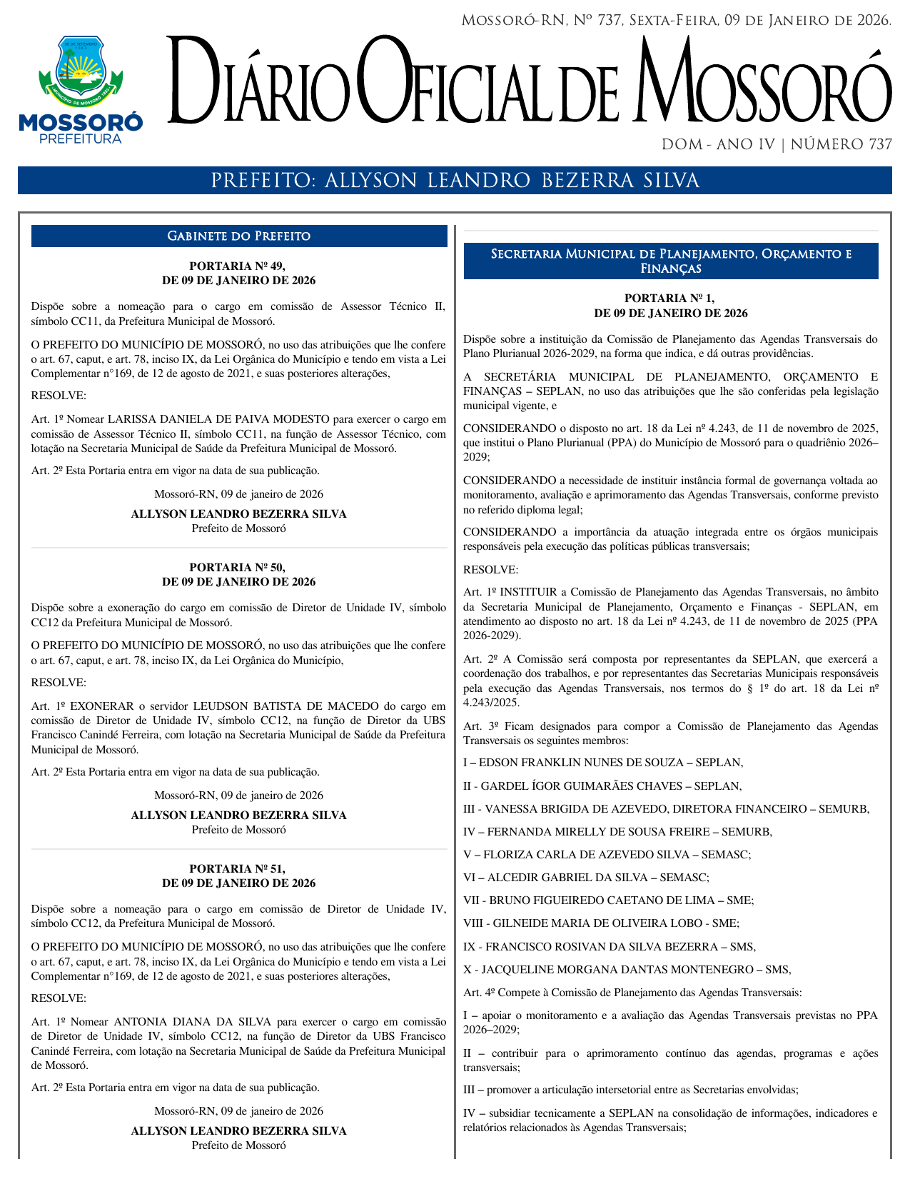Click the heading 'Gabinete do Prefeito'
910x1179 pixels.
point(238,236)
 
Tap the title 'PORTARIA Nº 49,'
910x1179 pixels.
point(238,266)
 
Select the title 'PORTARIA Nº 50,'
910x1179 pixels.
point(238,567)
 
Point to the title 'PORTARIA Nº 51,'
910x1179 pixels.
point(238,868)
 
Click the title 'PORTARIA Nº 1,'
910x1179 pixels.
point(669,298)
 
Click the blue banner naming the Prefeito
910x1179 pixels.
point(455,181)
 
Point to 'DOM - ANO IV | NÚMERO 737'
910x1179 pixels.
point(777,144)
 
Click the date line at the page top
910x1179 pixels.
point(676,21)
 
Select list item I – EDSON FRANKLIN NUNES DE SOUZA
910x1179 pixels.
point(603,763)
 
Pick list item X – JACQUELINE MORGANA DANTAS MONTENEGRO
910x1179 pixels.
point(627,969)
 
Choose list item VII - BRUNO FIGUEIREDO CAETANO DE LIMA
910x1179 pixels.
point(608,900)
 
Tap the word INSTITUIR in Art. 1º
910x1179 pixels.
point(533,591)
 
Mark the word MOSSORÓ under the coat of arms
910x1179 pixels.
point(81,122)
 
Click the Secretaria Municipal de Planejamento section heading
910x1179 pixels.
point(671,261)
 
